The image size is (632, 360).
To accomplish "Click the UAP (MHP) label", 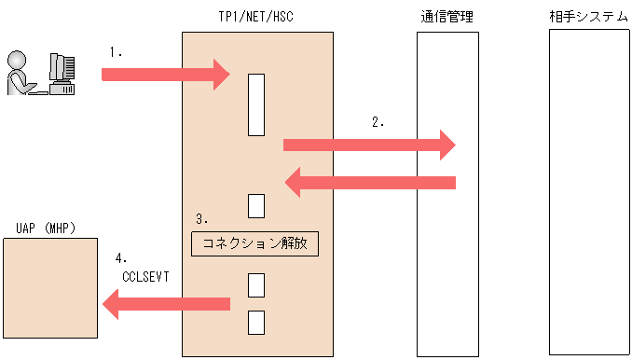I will pos(46,228).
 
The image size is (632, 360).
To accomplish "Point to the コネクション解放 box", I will pos(255,244).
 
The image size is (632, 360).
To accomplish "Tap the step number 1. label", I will pos(116,53).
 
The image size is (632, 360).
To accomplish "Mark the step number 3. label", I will pos(201,219).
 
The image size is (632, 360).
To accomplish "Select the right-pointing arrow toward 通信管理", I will pos(368,145).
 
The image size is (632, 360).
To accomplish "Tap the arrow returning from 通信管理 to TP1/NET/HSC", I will pos(369,182).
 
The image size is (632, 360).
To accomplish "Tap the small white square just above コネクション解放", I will pos(256,205).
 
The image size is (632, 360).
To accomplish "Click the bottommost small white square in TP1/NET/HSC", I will pos(256,322).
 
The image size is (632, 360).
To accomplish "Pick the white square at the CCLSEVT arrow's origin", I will pos(256,285).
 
